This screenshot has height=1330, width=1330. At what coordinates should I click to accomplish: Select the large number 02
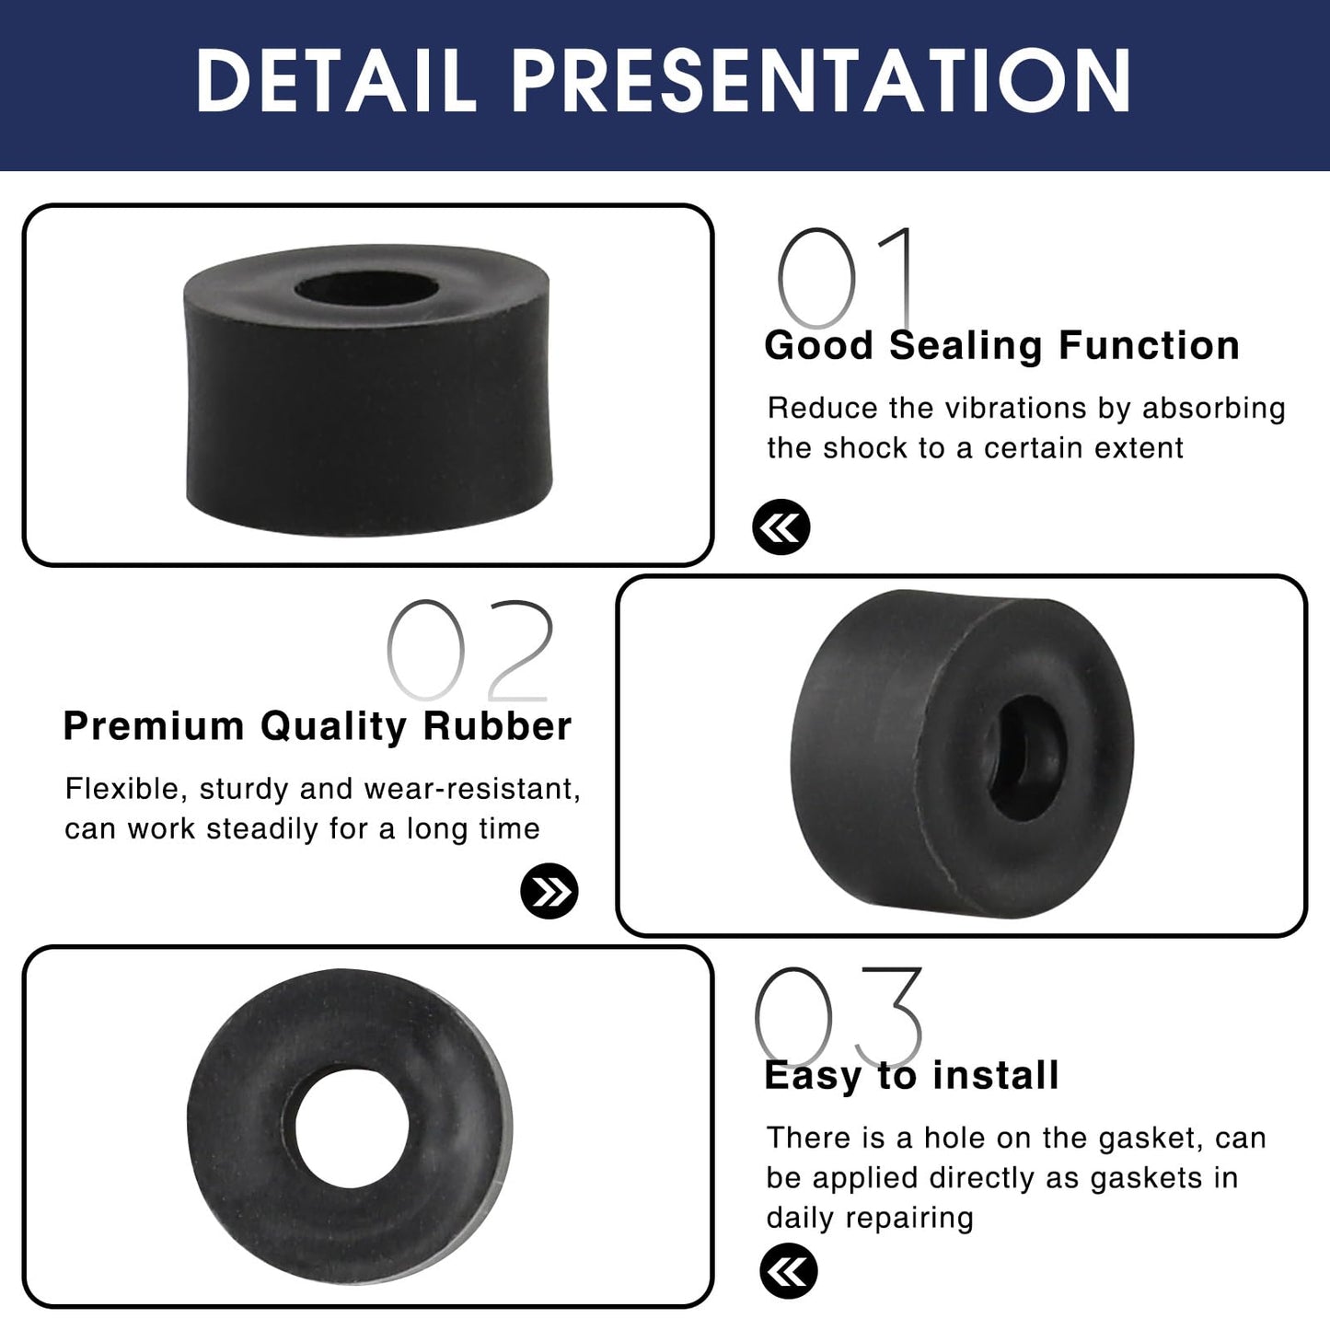tap(470, 651)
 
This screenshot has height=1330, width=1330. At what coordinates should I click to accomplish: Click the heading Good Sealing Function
tap(1001, 345)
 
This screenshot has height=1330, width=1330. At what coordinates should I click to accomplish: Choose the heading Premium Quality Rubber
tap(318, 726)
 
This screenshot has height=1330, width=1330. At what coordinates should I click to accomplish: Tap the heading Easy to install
tap(911, 1075)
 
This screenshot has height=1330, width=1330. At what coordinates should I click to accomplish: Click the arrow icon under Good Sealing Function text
tap(781, 527)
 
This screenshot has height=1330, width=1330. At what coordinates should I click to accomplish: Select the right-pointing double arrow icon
tap(549, 891)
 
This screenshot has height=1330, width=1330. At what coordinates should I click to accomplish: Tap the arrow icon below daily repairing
tap(789, 1271)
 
